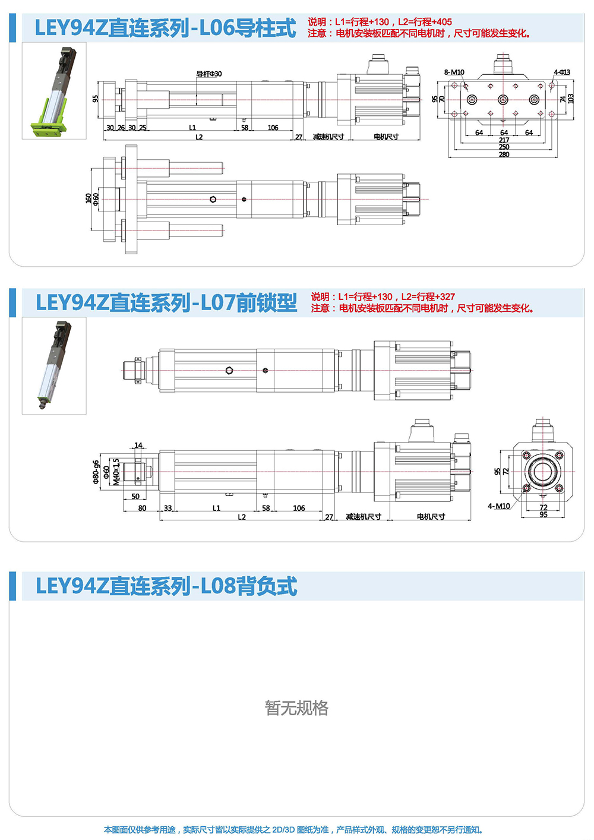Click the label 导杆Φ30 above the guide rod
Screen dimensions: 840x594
(209, 74)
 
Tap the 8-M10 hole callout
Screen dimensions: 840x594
(454, 72)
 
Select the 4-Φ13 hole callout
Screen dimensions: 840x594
(561, 72)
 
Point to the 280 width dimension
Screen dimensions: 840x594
(504, 154)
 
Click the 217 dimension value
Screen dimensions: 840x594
(504, 140)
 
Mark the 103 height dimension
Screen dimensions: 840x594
(571, 98)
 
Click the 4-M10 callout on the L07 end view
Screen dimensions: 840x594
(498, 506)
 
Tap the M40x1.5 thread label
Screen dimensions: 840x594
(116, 472)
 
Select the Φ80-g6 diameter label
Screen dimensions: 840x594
(96, 472)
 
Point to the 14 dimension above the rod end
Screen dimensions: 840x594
(138, 445)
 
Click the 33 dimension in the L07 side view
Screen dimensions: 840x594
(168, 508)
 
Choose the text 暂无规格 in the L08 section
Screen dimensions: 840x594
(296, 708)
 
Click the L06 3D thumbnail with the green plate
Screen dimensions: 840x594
(54, 90)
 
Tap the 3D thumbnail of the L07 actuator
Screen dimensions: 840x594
(54, 365)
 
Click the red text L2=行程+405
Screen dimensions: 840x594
(425, 22)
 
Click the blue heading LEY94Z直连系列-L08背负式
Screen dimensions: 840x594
(166, 586)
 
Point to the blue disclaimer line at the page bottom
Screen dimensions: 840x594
(294, 830)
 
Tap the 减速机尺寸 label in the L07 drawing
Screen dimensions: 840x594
(364, 517)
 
